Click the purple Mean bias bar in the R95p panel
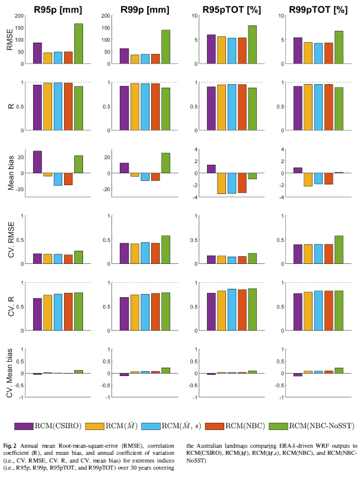pos(37,162)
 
